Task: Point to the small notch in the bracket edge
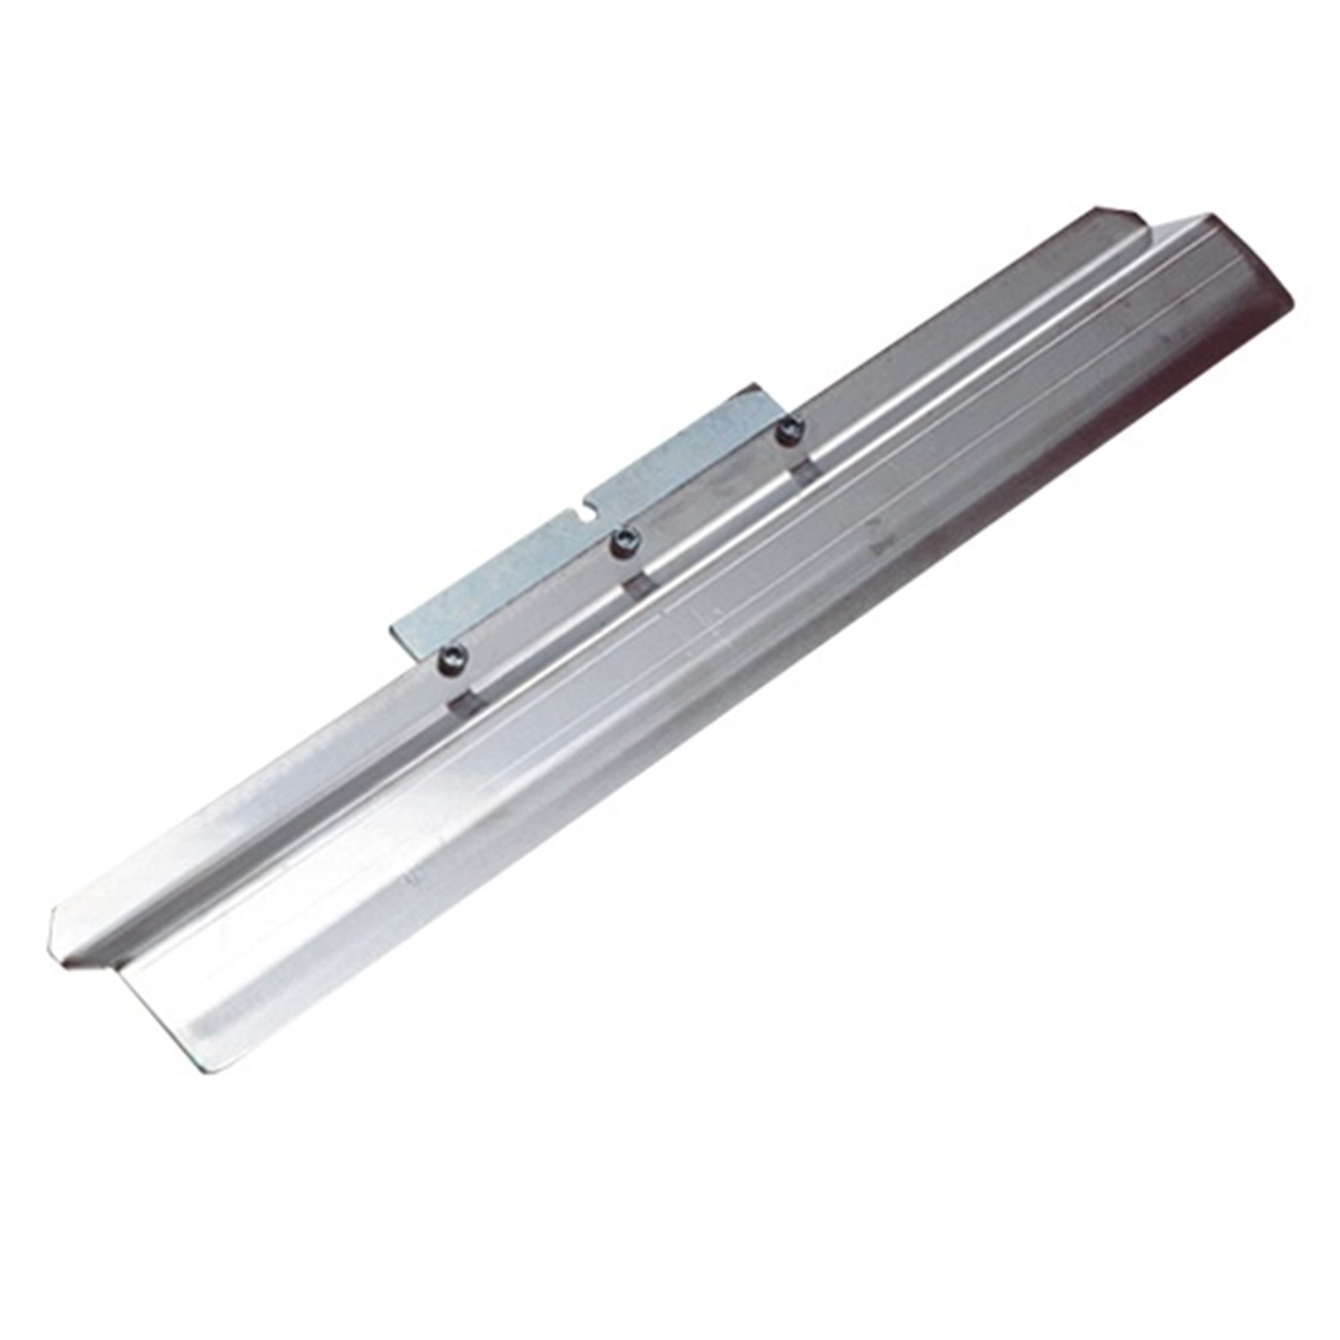[x=588, y=516]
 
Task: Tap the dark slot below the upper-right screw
[x=805, y=475]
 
